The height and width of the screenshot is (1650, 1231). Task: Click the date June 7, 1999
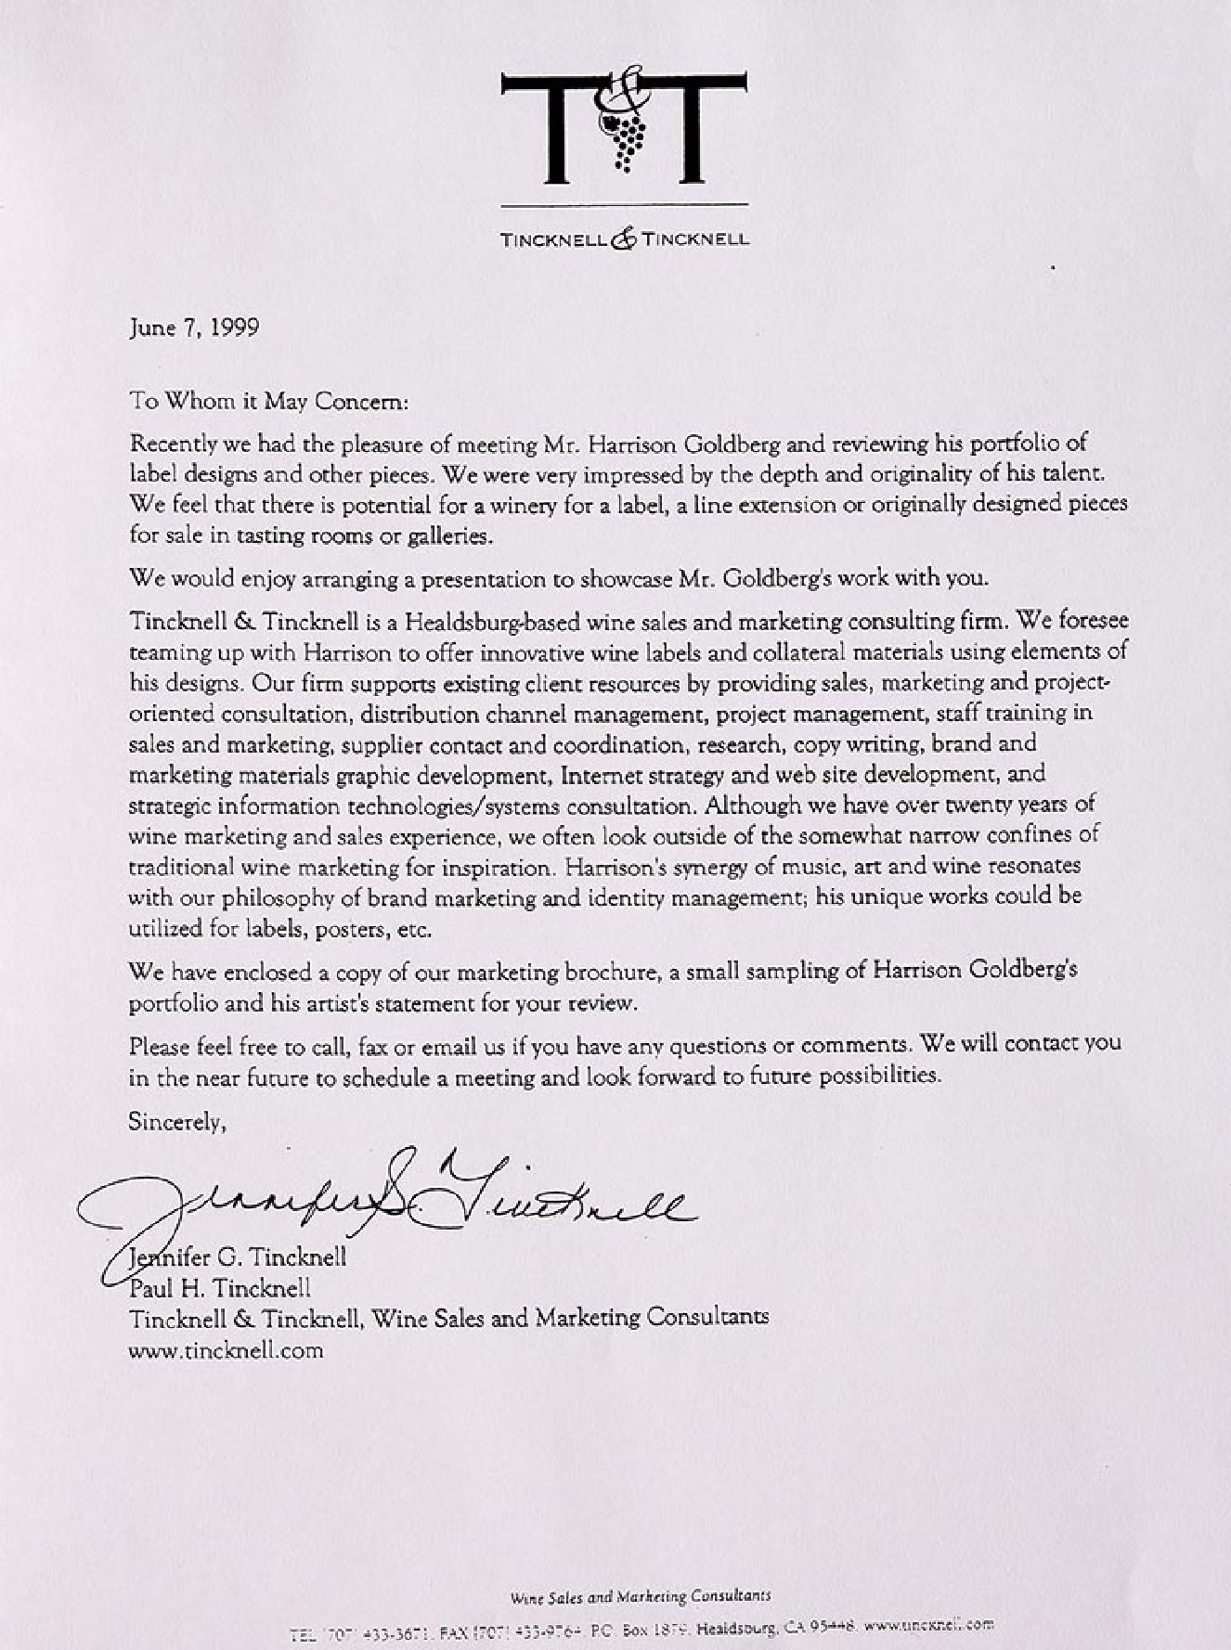point(194,328)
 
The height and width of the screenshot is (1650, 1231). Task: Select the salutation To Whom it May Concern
point(267,401)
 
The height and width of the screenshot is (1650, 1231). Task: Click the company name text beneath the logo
point(624,239)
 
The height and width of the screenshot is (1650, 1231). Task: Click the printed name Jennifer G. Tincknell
point(238,1257)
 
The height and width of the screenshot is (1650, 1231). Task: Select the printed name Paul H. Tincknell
point(220,1288)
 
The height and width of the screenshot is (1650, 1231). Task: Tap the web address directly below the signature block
point(226,1350)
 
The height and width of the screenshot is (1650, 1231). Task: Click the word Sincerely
point(176,1122)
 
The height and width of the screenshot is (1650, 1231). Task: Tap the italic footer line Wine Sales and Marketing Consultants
point(640,1597)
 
